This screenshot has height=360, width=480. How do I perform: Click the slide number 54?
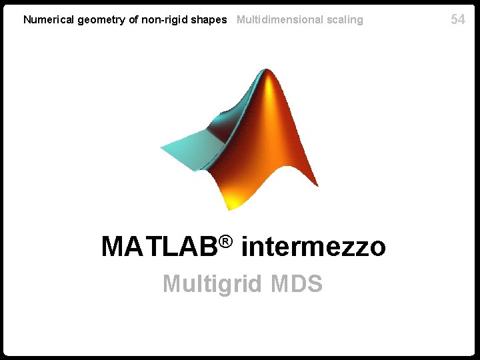[x=458, y=19]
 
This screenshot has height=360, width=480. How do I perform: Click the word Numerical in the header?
[x=49, y=20]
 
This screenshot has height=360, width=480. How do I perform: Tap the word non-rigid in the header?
[x=163, y=20]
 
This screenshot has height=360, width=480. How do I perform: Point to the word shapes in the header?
[x=209, y=20]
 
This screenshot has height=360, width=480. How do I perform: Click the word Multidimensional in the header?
[x=280, y=20]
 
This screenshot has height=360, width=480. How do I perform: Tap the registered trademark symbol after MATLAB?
[x=228, y=241]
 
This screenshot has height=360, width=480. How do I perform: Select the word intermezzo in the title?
[x=313, y=247]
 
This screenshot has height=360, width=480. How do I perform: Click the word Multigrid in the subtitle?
[x=213, y=285]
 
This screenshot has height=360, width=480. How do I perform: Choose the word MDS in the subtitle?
[x=297, y=284]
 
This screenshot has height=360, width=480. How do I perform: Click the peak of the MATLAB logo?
[x=269, y=73]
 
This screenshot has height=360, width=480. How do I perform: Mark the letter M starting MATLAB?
[x=114, y=247]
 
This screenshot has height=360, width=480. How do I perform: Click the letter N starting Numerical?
[x=27, y=20]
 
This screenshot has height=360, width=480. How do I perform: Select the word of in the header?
[x=133, y=20]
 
